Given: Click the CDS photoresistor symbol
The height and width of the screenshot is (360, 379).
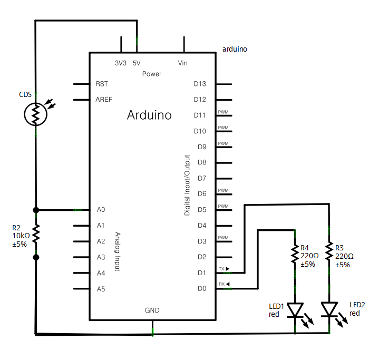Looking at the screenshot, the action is pyautogui.click(x=35, y=114).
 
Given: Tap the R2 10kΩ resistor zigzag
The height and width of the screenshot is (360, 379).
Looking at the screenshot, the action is pyautogui.click(x=36, y=233).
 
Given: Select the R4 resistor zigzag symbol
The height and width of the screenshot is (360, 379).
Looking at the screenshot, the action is pyautogui.click(x=295, y=254).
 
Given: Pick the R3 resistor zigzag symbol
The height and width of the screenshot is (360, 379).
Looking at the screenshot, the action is pyautogui.click(x=329, y=251).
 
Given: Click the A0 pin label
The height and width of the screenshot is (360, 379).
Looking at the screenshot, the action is pyautogui.click(x=101, y=209).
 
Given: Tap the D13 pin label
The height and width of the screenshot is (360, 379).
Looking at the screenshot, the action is pyautogui.click(x=200, y=84).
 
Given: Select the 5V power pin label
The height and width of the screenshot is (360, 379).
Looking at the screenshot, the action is pyautogui.click(x=137, y=63).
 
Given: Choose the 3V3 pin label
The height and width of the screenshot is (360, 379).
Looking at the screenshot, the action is pyautogui.click(x=121, y=63).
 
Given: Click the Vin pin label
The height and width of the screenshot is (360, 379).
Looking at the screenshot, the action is pyautogui.click(x=183, y=63).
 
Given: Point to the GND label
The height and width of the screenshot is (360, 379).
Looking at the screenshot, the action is pyautogui.click(x=152, y=310).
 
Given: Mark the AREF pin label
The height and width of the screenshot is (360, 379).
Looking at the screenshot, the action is pyautogui.click(x=104, y=100).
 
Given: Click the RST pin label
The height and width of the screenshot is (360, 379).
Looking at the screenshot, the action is pyautogui.click(x=102, y=84).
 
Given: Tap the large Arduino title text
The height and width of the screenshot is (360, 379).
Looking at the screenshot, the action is pyautogui.click(x=149, y=115).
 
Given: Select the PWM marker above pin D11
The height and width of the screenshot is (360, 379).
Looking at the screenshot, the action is pyautogui.click(x=223, y=112).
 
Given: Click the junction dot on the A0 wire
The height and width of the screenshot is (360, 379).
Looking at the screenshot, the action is pyautogui.click(x=36, y=210).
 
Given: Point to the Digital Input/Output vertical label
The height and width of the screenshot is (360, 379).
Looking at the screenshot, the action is pyautogui.click(x=187, y=185).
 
